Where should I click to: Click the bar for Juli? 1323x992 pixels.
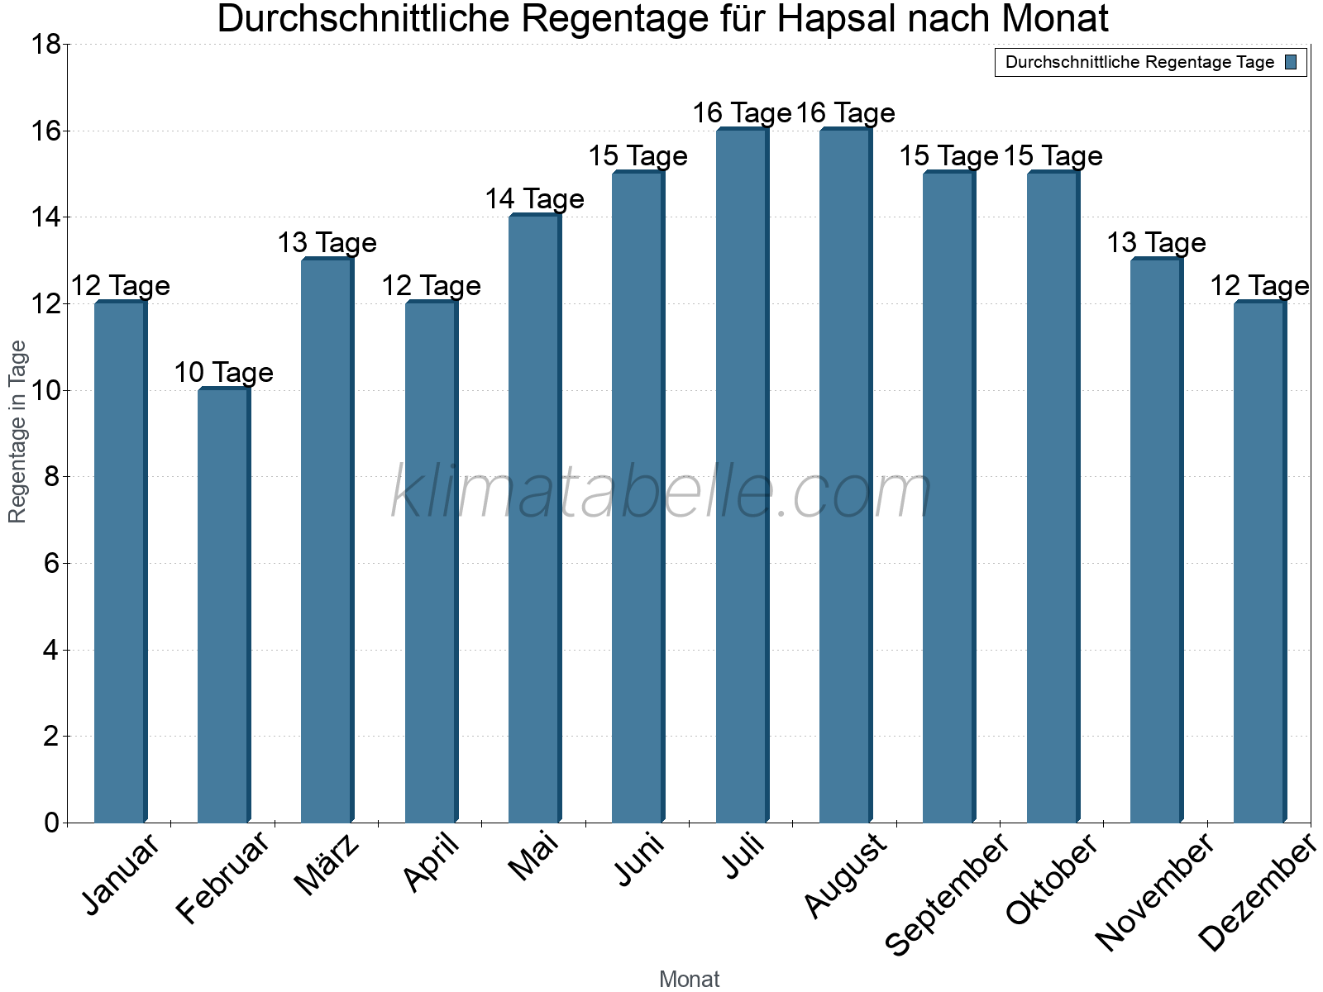[x=742, y=475]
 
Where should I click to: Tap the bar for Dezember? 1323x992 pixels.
[x=1259, y=562]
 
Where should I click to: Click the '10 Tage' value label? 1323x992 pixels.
[x=223, y=373]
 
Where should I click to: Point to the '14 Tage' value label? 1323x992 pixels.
[x=534, y=199]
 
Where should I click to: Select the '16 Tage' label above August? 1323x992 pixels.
[x=845, y=113]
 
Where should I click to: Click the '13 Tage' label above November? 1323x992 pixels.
[x=1156, y=243]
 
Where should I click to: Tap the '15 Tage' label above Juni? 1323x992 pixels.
[x=638, y=156]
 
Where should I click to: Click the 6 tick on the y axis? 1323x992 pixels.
[x=51, y=564]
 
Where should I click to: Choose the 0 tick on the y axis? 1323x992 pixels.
[x=51, y=823]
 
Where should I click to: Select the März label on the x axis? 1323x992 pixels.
[x=327, y=865]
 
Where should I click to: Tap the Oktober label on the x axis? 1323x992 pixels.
[x=1052, y=880]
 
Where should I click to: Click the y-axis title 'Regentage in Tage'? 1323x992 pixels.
[x=18, y=432]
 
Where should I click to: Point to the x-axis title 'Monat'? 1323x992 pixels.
[x=689, y=980]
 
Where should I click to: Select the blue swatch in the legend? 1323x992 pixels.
[x=1291, y=62]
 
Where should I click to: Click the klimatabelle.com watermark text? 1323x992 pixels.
[x=661, y=493]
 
